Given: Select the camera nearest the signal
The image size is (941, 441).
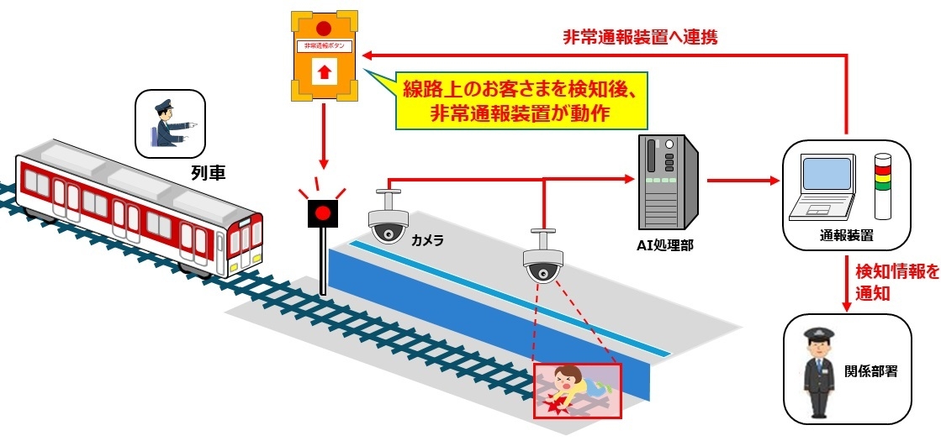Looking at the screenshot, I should click(388, 221).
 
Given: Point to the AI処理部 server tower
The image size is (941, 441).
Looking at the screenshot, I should click(666, 179).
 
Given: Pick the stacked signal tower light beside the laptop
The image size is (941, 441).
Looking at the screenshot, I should click(882, 186).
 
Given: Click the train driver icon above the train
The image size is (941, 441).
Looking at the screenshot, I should click(171, 123).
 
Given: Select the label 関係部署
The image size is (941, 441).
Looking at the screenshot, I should click(871, 370).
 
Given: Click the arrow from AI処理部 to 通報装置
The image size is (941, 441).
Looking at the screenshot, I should click(739, 180).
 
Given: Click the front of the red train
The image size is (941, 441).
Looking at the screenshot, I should click(244, 244).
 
